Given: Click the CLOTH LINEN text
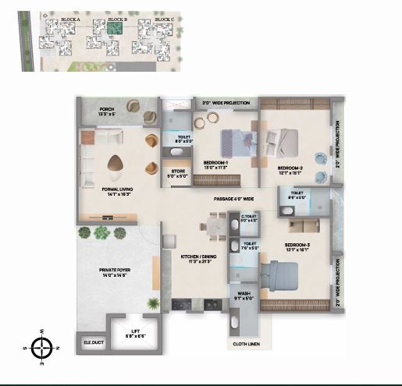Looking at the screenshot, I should (x=246, y=343).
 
